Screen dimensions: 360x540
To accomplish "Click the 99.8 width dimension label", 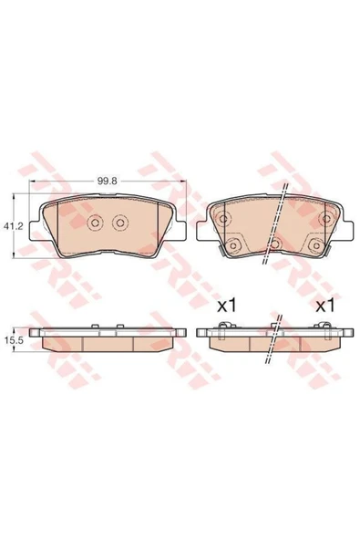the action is (x=108, y=181).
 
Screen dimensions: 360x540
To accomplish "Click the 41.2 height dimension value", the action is (x=13, y=226).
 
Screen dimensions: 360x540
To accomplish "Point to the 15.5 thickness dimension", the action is (x=13, y=340).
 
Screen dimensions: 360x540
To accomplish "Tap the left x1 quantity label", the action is (x=226, y=306).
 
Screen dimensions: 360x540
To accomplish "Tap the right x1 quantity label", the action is (x=325, y=306).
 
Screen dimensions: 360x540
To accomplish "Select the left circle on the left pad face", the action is (x=96, y=223).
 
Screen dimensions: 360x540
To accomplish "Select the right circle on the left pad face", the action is (x=120, y=223).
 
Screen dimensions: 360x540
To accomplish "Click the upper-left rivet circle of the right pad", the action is (x=223, y=218).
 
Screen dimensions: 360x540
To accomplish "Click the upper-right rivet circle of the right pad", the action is (x=325, y=218).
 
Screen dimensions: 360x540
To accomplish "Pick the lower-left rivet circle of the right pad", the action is (x=233, y=245).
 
